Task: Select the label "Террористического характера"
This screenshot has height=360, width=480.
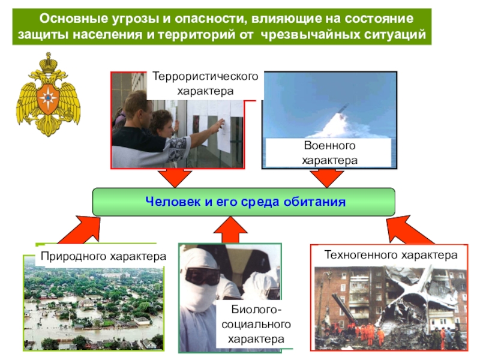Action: pyautogui.click(x=205, y=85)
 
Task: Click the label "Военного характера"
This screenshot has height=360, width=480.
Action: pyautogui.click(x=329, y=153)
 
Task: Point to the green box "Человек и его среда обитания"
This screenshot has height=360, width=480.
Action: pyautogui.click(x=244, y=202)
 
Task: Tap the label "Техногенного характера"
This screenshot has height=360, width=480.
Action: pyautogui.click(x=391, y=255)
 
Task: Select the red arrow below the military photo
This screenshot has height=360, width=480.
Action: pyautogui.click(x=327, y=178)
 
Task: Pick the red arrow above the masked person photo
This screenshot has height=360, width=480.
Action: pyautogui.click(x=230, y=229)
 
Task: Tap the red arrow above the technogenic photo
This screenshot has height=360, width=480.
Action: pyautogui.click(x=403, y=228)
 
